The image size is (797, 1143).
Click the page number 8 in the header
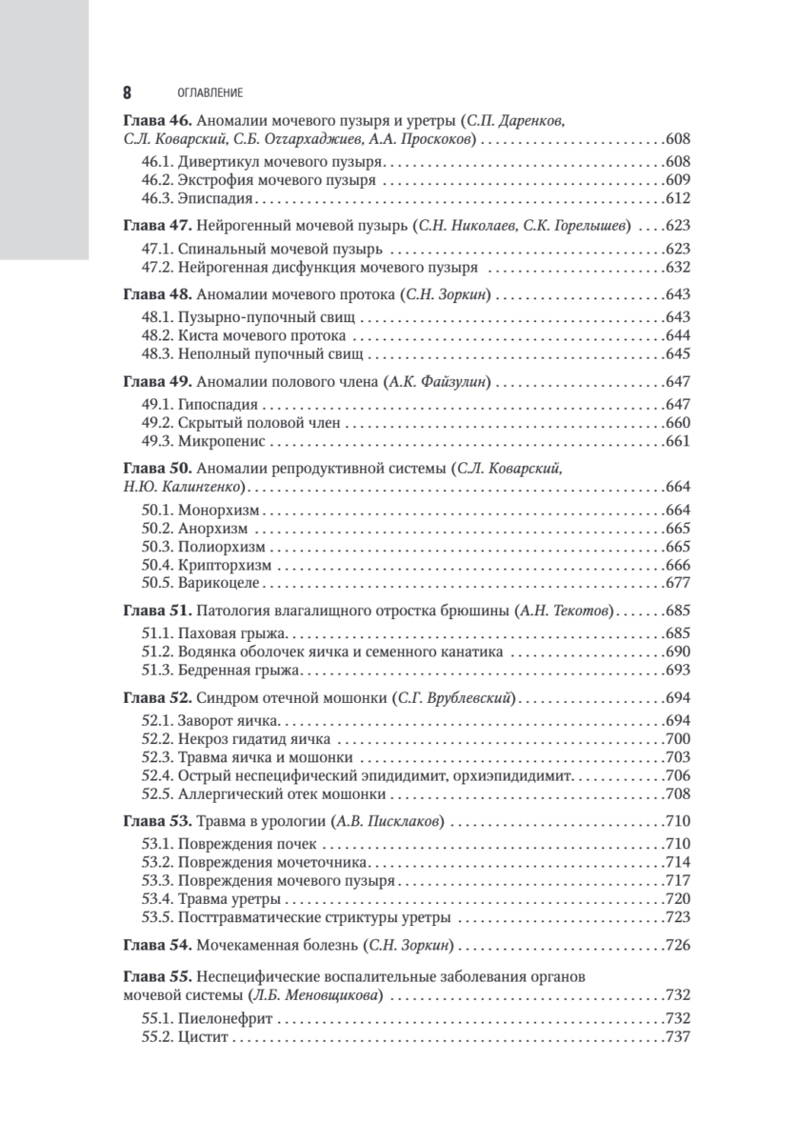pyautogui.click(x=127, y=93)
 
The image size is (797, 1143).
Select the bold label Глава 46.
pyautogui.click(x=157, y=121)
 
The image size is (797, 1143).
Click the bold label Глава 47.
pyautogui.click(x=157, y=227)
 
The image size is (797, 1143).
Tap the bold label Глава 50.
pyautogui.click(x=157, y=468)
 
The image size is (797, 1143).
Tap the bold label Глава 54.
pyautogui.click(x=157, y=947)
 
